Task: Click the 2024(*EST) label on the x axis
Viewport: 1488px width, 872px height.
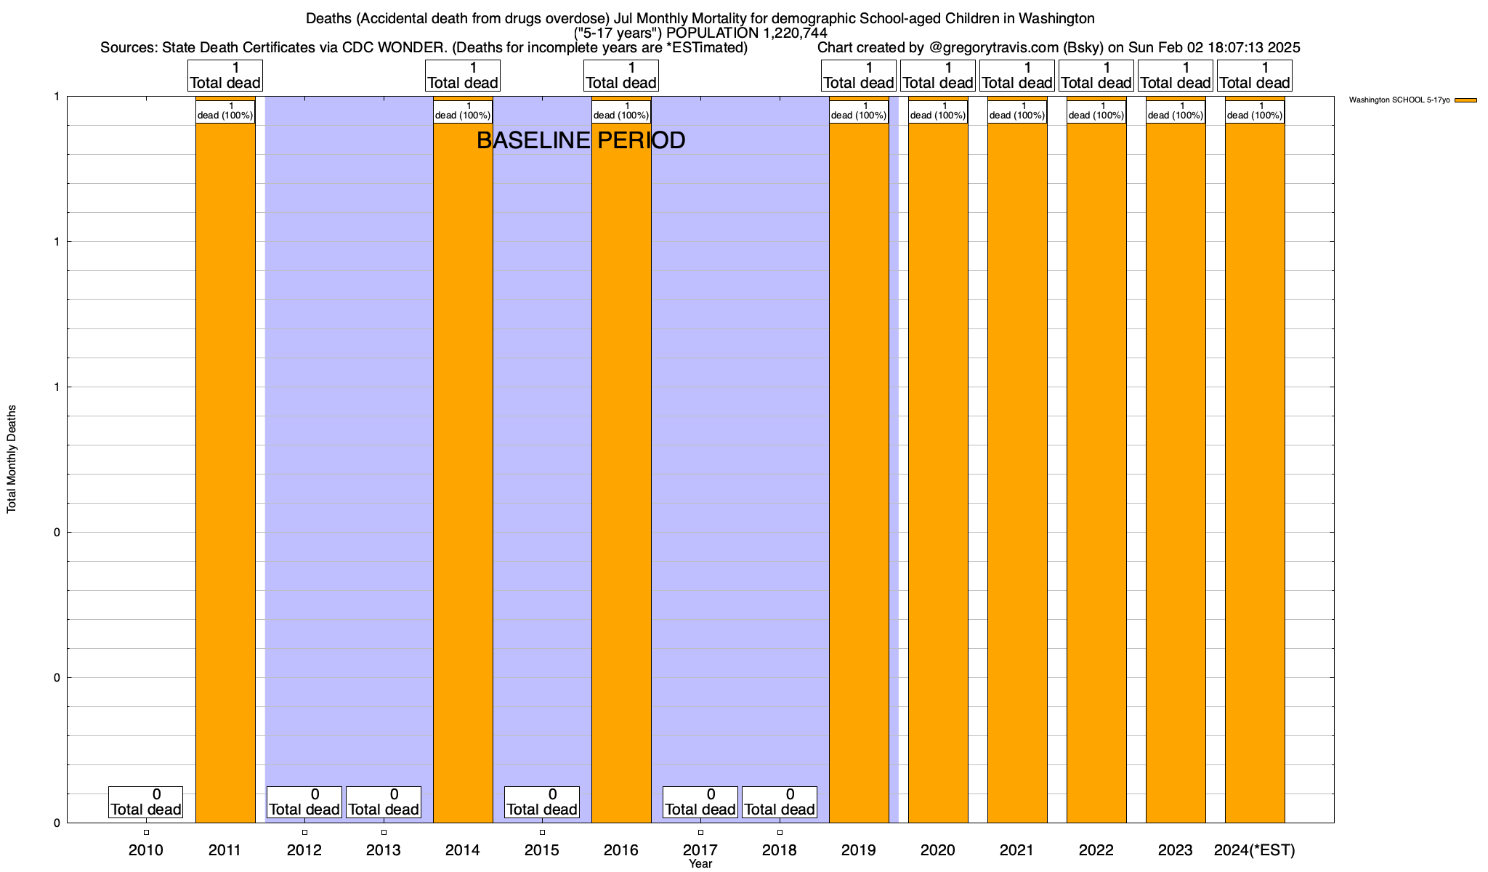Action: [1255, 850]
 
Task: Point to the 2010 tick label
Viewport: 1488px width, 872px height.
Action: [146, 850]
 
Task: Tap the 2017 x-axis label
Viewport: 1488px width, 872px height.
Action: [700, 850]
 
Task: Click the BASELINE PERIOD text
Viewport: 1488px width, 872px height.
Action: [581, 140]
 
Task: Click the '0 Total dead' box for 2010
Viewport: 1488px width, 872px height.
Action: [145, 802]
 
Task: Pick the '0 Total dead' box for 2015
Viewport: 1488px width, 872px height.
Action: [542, 802]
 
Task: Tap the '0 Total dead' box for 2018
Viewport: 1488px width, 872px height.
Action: [780, 802]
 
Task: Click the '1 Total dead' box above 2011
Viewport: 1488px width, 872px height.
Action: [225, 76]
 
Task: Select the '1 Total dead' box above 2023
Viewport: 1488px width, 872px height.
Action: [1176, 76]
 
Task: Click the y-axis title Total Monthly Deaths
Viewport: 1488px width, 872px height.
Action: [12, 459]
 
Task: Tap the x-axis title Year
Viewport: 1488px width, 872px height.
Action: [700, 864]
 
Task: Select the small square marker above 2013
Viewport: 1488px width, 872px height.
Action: [384, 833]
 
